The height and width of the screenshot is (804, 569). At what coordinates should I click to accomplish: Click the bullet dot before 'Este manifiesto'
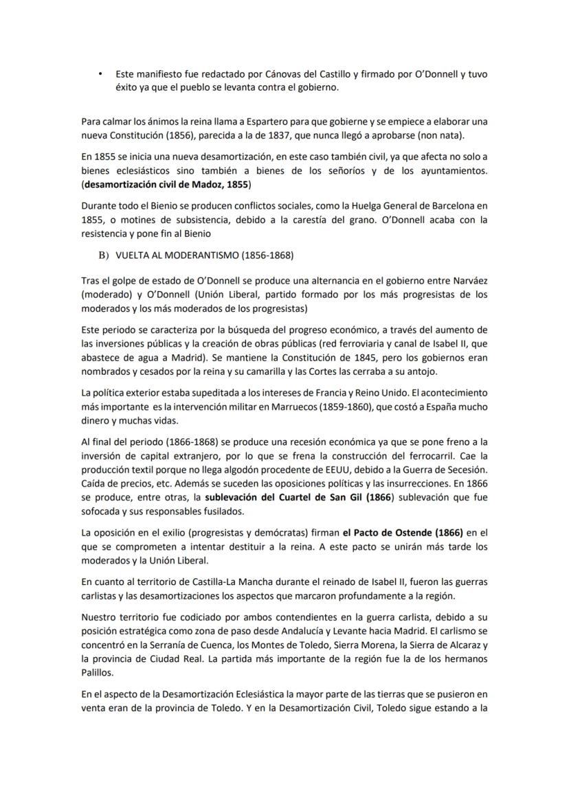coord(100,73)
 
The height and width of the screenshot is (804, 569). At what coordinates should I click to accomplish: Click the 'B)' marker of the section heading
coord(104,255)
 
